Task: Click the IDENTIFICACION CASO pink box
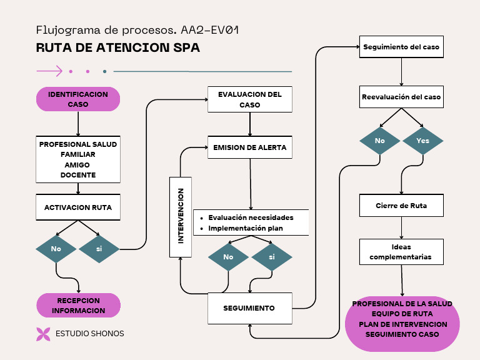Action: (78, 99)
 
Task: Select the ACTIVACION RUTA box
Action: (78, 207)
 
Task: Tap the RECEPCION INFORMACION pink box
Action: (78, 306)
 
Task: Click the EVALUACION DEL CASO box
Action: (250, 99)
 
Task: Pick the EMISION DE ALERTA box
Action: (250, 147)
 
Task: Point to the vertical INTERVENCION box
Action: (181, 216)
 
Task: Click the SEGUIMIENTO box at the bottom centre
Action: (249, 308)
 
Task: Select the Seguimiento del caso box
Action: (401, 47)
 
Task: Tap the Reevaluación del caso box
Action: (401, 97)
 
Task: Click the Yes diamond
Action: (423, 141)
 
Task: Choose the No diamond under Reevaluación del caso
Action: (380, 141)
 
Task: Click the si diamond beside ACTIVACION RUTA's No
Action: (99, 249)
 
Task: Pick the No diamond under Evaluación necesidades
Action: (228, 257)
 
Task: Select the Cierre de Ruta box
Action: (401, 206)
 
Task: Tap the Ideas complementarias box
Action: (401, 252)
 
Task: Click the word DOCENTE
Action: (78, 175)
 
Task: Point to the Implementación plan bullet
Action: (246, 228)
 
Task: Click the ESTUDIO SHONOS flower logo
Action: (43, 334)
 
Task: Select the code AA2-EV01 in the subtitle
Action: (209, 30)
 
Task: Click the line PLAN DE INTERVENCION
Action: (402, 324)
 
